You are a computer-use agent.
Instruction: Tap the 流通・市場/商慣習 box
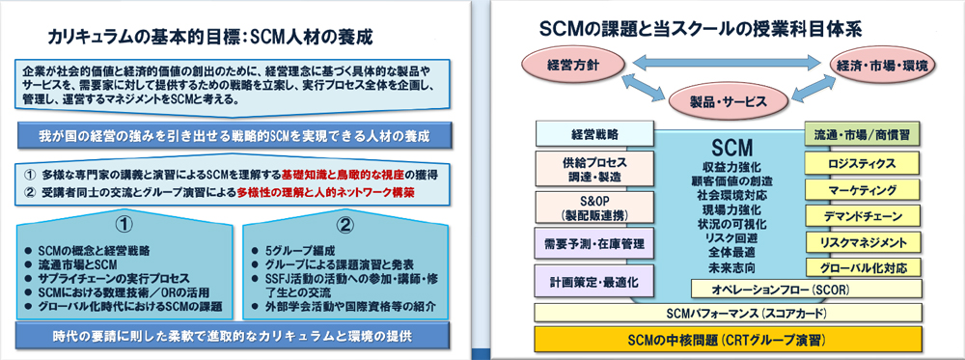pos(862,133)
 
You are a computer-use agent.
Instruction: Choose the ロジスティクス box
pos(862,163)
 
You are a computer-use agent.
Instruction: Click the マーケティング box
pos(862,189)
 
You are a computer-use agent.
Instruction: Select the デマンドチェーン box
pos(862,215)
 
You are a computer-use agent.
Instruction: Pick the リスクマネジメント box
pos(862,241)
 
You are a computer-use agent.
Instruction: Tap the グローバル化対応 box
pos(862,267)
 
